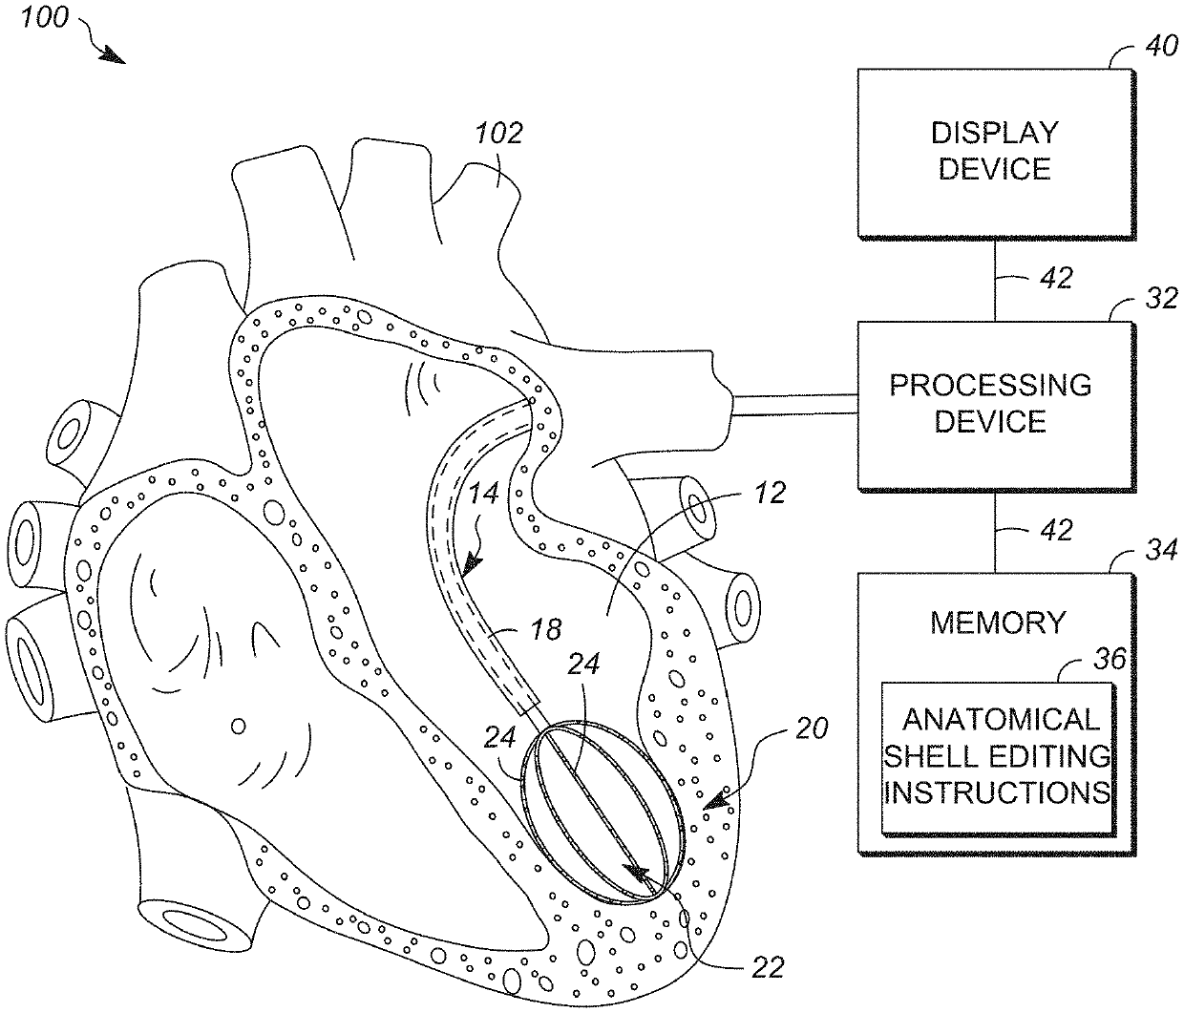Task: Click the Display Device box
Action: pyautogui.click(x=996, y=154)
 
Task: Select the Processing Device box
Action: pyautogui.click(x=996, y=406)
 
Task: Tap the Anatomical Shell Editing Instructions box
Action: pyautogui.click(x=998, y=757)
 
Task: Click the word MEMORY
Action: pyautogui.click(x=997, y=623)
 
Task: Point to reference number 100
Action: pyautogui.click(x=45, y=17)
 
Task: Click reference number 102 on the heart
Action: pyautogui.click(x=499, y=134)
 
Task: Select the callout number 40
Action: pyautogui.click(x=1162, y=45)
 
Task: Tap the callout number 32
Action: pyautogui.click(x=1161, y=298)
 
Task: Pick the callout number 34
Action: pyautogui.click(x=1161, y=550)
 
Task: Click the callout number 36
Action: pyautogui.click(x=1110, y=659)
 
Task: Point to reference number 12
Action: pyautogui.click(x=770, y=493)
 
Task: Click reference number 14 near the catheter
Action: pyautogui.click(x=483, y=493)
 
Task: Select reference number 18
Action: pyautogui.click(x=546, y=630)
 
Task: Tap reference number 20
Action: pyautogui.click(x=812, y=728)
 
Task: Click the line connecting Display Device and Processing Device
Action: pyautogui.click(x=994, y=281)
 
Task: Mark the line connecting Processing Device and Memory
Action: pyautogui.click(x=994, y=533)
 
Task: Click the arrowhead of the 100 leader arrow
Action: pyautogui.click(x=114, y=56)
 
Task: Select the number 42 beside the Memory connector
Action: pyautogui.click(x=1056, y=530)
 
